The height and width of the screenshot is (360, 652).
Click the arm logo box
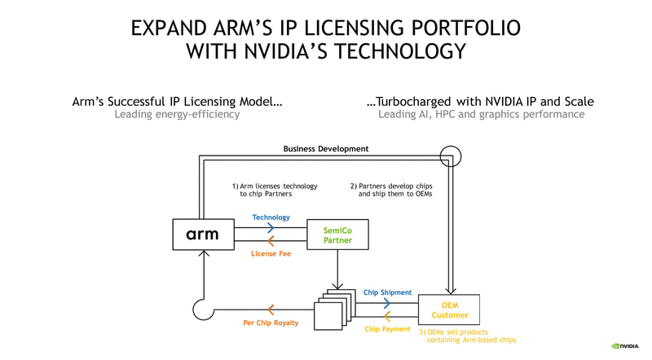click(201, 235)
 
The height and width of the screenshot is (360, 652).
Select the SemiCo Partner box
click(333, 235)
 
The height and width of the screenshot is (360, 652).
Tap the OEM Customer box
click(449, 310)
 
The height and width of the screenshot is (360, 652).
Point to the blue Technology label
click(271, 218)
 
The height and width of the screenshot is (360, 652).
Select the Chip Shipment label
click(387, 292)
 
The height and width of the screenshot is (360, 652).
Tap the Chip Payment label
click(387, 329)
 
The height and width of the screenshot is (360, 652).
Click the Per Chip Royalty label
click(271, 323)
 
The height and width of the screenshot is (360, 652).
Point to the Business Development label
click(325, 149)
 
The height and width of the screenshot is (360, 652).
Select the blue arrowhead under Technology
click(271, 229)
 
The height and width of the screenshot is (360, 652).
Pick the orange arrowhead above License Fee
click(271, 240)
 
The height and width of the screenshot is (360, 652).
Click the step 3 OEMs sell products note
click(468, 336)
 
